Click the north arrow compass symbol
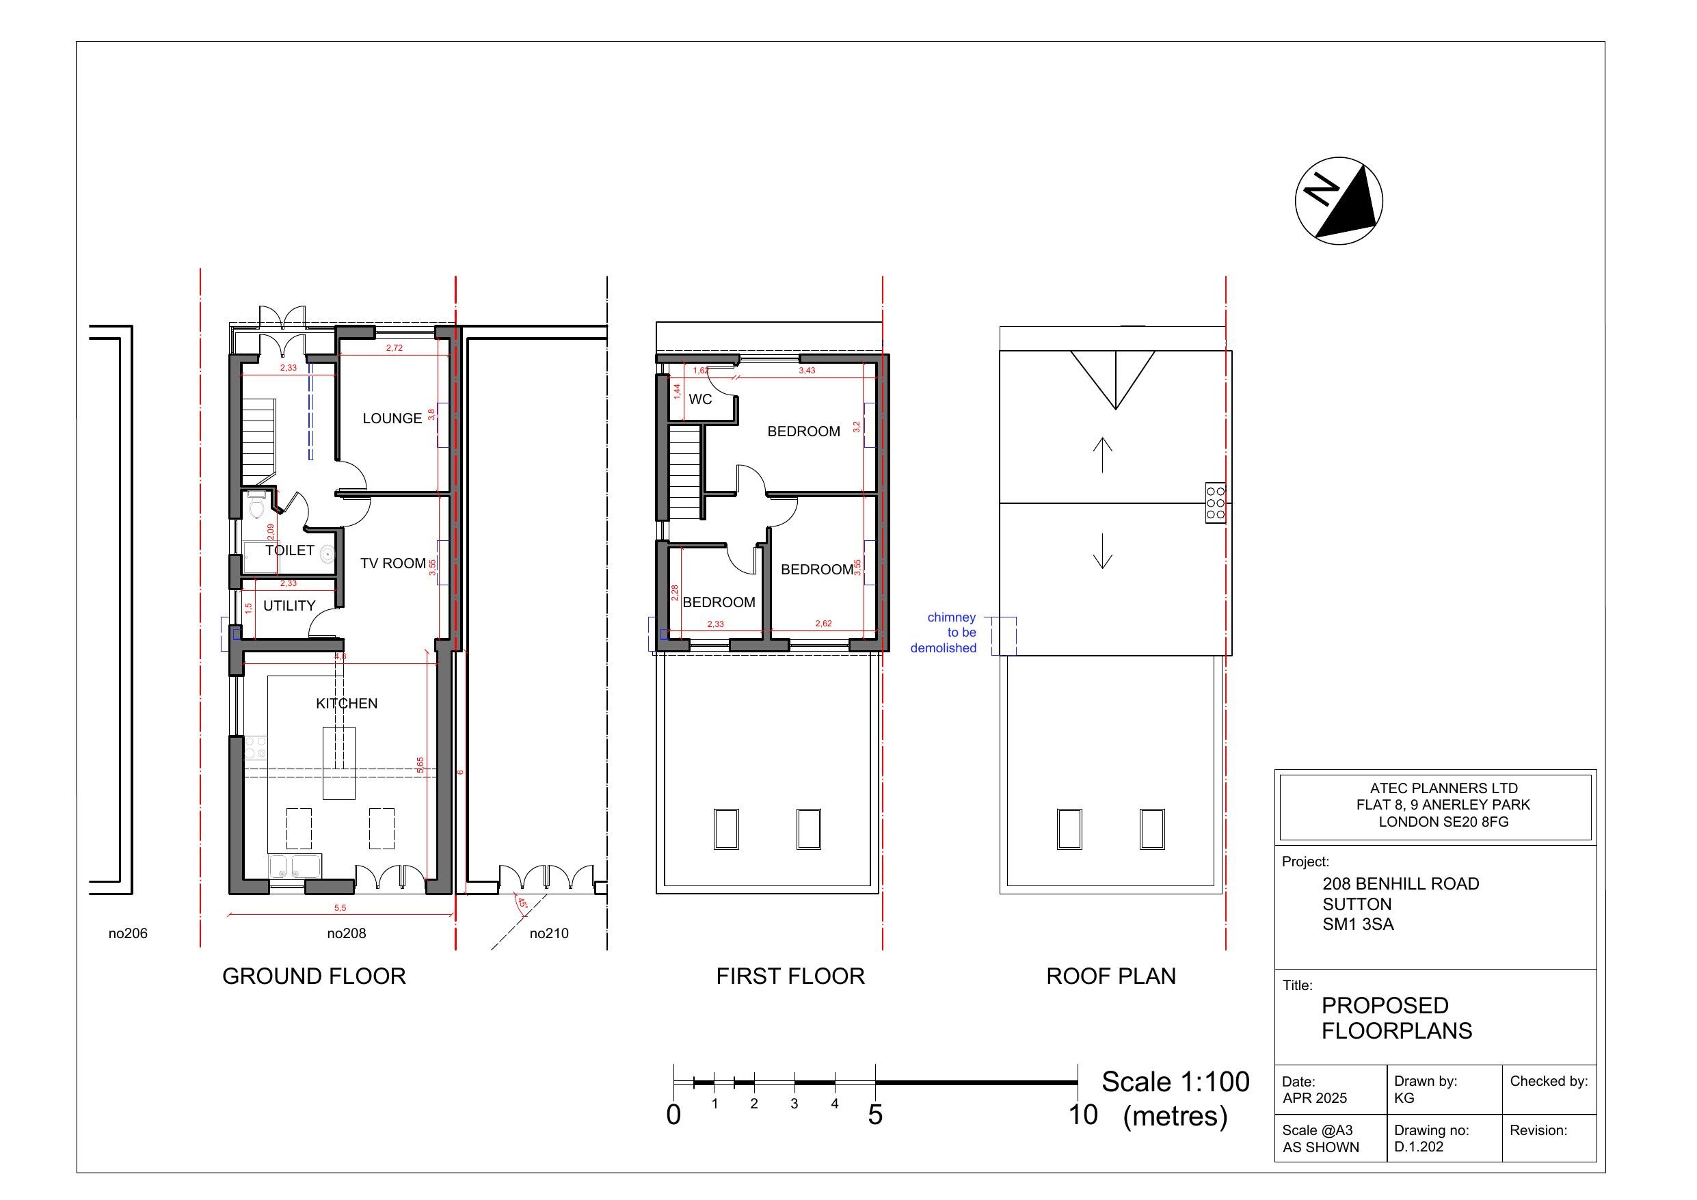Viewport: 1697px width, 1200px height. [1339, 200]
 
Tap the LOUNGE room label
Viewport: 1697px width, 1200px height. [392, 418]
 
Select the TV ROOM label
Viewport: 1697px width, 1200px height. [392, 563]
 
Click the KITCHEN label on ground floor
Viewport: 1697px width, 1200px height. [347, 703]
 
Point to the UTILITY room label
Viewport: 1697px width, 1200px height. [289, 606]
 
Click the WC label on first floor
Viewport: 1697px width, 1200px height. [700, 399]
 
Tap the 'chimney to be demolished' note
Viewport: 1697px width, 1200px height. [944, 632]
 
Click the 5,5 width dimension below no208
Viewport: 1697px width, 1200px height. [340, 908]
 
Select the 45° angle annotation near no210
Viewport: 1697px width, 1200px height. [521, 903]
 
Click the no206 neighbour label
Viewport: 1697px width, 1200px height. [128, 933]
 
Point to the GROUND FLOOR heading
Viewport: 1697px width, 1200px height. [314, 976]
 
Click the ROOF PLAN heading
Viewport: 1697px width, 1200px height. [1111, 976]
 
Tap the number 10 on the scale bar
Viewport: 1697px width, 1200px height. [1083, 1115]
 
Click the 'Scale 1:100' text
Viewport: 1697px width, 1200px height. [1175, 1082]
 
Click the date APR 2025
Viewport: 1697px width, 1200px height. [1315, 1098]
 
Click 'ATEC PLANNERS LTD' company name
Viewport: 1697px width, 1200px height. [1443, 788]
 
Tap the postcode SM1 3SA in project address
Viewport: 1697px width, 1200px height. [1358, 924]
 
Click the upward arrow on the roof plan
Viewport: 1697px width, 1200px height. [1102, 454]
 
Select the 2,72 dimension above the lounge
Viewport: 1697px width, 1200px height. [394, 348]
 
